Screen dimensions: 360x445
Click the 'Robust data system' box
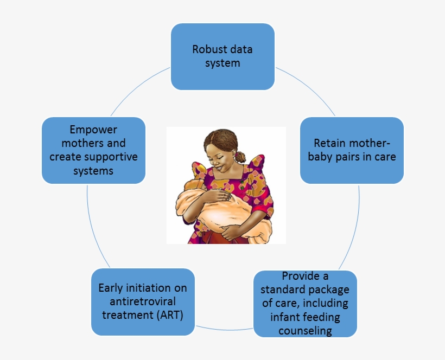(223, 56)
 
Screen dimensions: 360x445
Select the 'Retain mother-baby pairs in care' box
(352, 150)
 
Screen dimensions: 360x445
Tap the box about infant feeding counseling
(305, 303)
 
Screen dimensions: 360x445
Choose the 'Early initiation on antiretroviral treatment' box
(143, 301)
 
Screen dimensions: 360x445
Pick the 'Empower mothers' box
(93, 150)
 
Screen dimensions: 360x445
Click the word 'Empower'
(93, 130)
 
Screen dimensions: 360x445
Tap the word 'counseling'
(305, 330)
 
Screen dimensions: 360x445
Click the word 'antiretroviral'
(143, 301)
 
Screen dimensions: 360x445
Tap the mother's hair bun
(240, 157)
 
